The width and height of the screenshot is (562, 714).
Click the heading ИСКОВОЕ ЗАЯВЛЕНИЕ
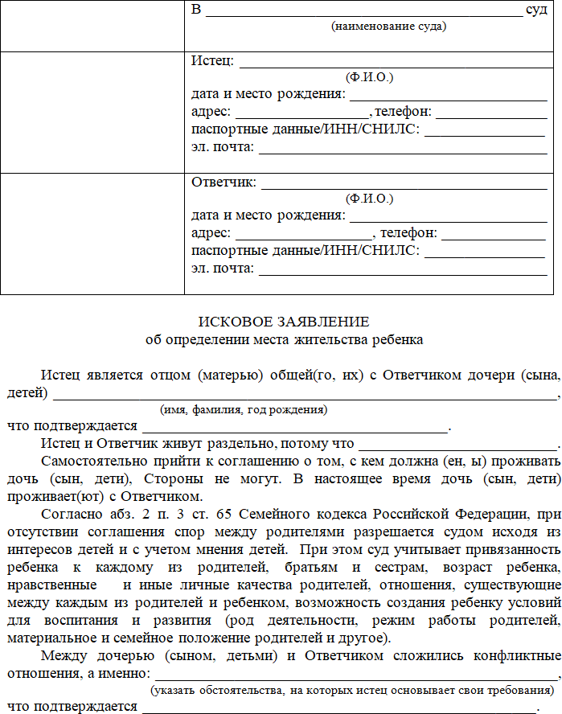tap(285, 322)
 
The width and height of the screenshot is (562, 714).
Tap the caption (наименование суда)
tap(389, 26)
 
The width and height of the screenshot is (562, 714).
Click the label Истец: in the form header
tap(212, 61)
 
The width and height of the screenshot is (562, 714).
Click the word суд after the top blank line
tap(535, 10)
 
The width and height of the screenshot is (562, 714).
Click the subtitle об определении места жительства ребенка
tap(284, 339)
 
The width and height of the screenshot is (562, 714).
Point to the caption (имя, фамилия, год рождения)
tap(243, 409)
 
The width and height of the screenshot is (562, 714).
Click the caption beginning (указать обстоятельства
tap(352, 690)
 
